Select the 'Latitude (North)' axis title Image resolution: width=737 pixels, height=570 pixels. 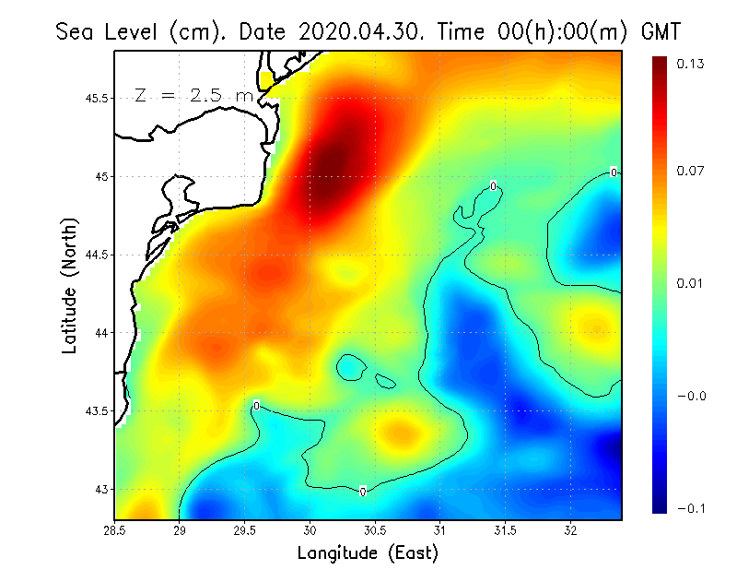[x=70, y=286]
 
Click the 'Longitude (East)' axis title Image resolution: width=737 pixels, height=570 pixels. [x=368, y=553]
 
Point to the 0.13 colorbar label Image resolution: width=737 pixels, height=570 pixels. [x=690, y=65]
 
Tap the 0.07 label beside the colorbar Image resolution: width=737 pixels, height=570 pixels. [x=690, y=172]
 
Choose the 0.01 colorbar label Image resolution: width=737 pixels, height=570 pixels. [x=690, y=283]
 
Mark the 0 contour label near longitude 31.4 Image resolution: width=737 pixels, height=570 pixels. [x=494, y=186]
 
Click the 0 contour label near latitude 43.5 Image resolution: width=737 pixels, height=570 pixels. [x=256, y=406]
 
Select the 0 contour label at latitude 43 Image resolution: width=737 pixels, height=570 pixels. [x=363, y=492]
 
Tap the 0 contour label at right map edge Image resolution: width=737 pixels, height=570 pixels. [x=614, y=172]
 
